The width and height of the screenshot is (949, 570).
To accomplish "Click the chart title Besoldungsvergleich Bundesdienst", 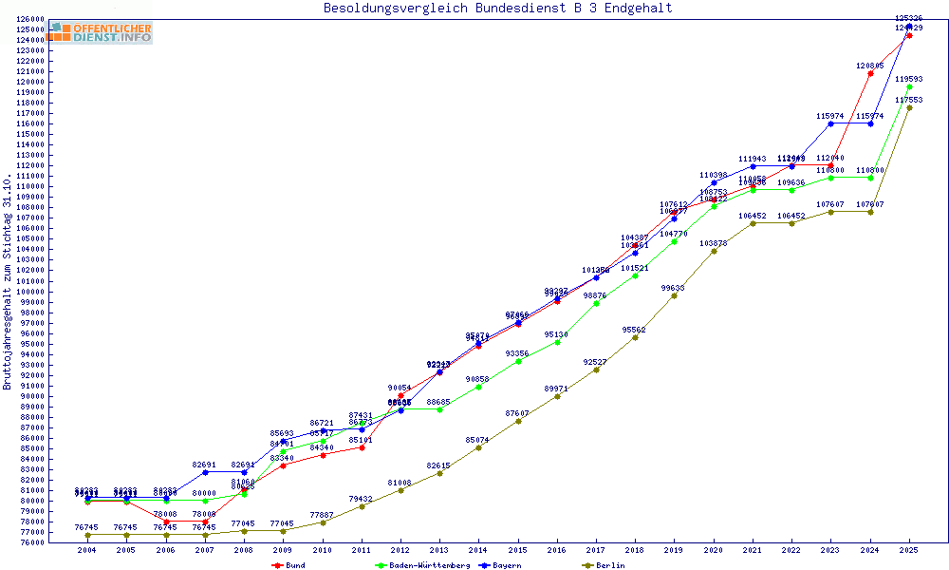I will pos(497,9).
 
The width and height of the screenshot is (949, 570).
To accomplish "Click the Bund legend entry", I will pos(295,565).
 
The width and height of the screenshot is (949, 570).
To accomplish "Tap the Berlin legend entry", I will pos(610,565).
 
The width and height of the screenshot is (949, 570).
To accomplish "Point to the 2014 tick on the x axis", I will pos(478,550).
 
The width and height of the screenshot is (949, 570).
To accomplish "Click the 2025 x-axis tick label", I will pos(909,550).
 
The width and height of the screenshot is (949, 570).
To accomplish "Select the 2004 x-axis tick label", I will pos(86,550).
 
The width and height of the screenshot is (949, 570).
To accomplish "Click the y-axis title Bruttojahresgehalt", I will pos(8,282).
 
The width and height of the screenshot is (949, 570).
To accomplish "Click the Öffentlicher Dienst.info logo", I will pos(101,32).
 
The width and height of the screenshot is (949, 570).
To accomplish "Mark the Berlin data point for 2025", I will pos(909,107).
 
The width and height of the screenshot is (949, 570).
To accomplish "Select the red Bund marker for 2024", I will pos(870,73).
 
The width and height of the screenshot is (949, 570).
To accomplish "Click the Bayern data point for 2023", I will pos(830,123).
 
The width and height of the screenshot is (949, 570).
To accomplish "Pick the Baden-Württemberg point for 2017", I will pos(596,303).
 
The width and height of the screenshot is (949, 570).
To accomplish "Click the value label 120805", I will pos(869,66).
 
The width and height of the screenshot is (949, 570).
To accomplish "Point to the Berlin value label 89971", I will pos(556,388).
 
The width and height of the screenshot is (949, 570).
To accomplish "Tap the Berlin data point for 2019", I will pos(674,295).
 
